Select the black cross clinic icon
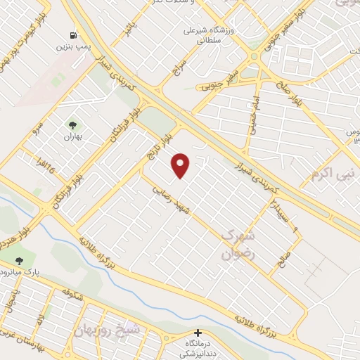tap(198, 333)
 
